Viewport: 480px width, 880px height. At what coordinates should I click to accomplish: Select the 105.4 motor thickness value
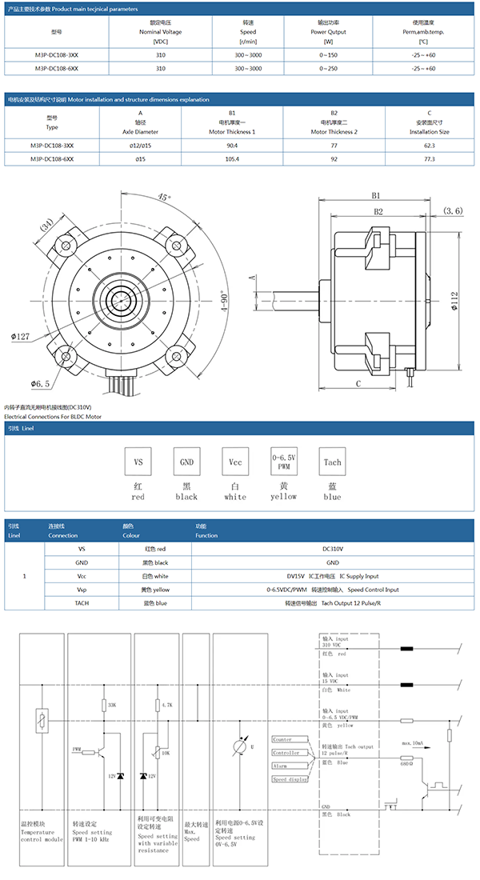coord(232,159)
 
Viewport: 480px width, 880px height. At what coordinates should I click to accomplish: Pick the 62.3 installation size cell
coord(429,146)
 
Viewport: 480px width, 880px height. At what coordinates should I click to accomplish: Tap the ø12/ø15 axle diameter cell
coord(141,146)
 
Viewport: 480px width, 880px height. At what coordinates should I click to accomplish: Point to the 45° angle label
coord(164,197)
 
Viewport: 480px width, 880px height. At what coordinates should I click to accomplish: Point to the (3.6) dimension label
coord(453,211)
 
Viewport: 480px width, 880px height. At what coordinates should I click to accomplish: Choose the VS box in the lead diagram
coord(138,462)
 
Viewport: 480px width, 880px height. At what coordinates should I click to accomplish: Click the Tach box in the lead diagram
coord(332,462)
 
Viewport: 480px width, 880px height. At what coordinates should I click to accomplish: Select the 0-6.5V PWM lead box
coord(283,462)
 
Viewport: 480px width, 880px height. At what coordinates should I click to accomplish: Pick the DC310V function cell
coord(332,549)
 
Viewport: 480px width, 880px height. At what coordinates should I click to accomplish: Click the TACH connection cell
coord(82,602)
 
